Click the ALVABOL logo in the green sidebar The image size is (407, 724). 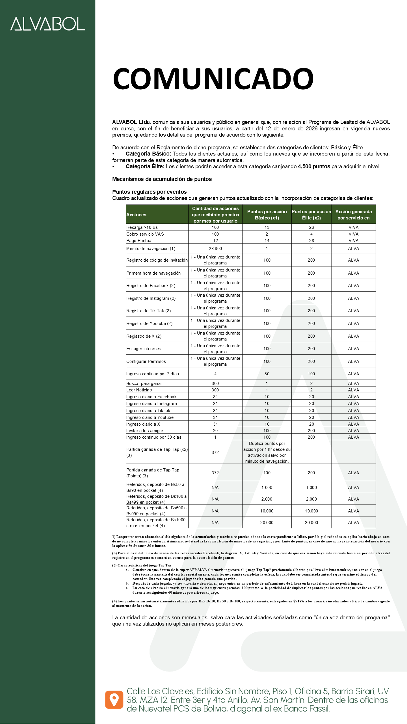coord(47,24)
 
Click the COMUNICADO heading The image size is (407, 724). coord(213,79)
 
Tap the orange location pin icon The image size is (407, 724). coord(114,700)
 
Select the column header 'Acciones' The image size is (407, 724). coord(136,215)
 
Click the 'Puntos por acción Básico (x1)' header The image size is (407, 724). coord(267,215)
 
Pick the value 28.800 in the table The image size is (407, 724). coord(215,249)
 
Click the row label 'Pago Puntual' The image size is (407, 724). coord(139,241)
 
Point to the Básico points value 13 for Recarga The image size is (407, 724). coord(267,227)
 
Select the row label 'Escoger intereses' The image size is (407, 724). coord(144,349)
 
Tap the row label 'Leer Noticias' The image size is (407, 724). coord(139,390)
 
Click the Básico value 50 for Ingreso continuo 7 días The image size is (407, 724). coord(267,374)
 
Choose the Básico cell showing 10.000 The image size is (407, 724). coord(267,511)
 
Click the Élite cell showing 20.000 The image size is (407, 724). coord(311,523)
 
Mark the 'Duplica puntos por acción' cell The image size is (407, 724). coord(267,452)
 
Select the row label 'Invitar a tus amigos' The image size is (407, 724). coord(145,431)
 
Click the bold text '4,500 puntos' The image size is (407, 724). coord(314,167)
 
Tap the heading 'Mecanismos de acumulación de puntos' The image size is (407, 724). coord(162,179)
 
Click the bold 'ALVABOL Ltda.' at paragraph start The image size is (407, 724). coord(131,122)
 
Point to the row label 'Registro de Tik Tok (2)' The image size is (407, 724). coord(149,311)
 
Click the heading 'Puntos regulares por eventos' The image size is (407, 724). coord(149,192)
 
